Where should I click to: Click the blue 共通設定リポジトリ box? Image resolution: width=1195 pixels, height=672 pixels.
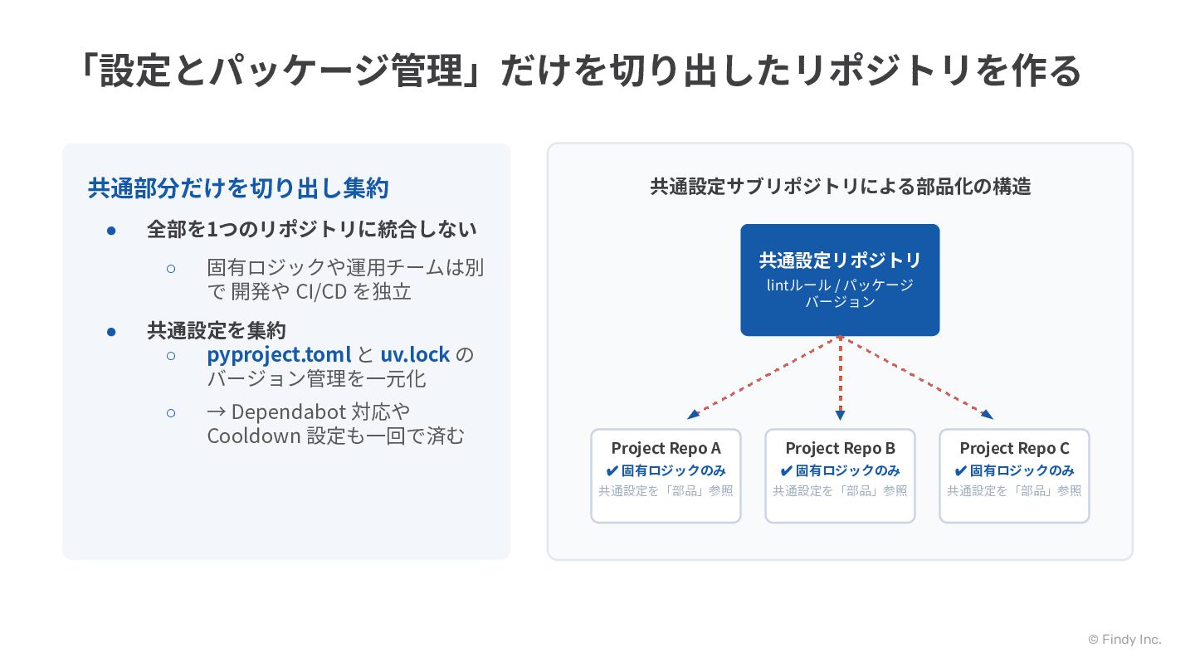coord(840,280)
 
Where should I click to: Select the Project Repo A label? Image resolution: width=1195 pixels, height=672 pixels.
coord(666,449)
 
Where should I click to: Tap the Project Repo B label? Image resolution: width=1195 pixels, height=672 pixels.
coord(840,449)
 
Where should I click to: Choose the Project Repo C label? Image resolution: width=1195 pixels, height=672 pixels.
coord(1014,449)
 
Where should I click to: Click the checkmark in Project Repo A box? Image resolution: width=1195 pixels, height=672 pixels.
coord(612,471)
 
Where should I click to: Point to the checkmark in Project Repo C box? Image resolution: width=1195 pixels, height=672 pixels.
coord(960,471)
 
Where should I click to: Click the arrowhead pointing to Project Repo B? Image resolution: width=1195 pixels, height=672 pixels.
coord(840,415)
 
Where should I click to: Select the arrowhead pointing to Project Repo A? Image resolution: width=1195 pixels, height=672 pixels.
coord(693,414)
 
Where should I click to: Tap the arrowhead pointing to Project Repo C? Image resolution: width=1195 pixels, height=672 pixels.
coord(987,414)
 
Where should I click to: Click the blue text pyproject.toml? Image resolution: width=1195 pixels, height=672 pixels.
coord(279,355)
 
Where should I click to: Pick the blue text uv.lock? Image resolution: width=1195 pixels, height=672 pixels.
coord(415,355)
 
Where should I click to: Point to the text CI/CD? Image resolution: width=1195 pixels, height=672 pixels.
coord(322,292)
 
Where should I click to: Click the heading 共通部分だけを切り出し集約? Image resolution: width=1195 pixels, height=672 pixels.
coord(238,188)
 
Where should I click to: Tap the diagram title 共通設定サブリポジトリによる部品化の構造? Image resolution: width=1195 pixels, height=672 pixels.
coord(840,187)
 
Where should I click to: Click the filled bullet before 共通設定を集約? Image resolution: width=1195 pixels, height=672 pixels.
coord(111,332)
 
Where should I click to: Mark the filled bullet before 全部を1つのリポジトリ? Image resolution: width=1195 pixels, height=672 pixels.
coord(111,231)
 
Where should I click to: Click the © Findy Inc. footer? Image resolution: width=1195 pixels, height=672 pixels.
coord(1124,640)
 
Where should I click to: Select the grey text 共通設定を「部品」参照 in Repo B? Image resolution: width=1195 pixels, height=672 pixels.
coord(840,490)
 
